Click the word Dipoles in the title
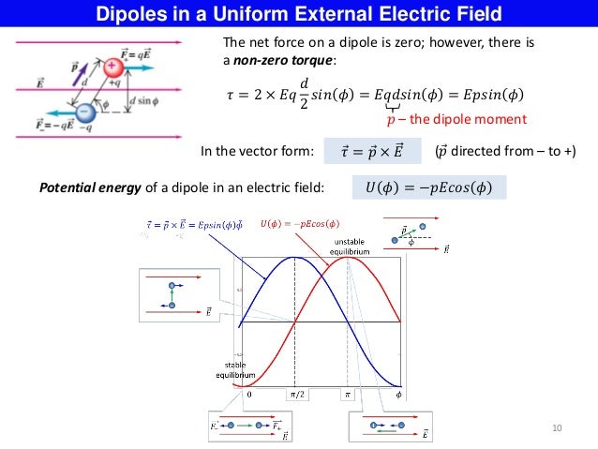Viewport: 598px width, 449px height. (136, 14)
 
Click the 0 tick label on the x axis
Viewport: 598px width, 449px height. (247, 395)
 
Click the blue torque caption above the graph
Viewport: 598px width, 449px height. (194, 223)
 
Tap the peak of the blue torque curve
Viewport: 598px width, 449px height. (295, 257)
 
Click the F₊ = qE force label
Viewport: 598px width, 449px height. (142, 60)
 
